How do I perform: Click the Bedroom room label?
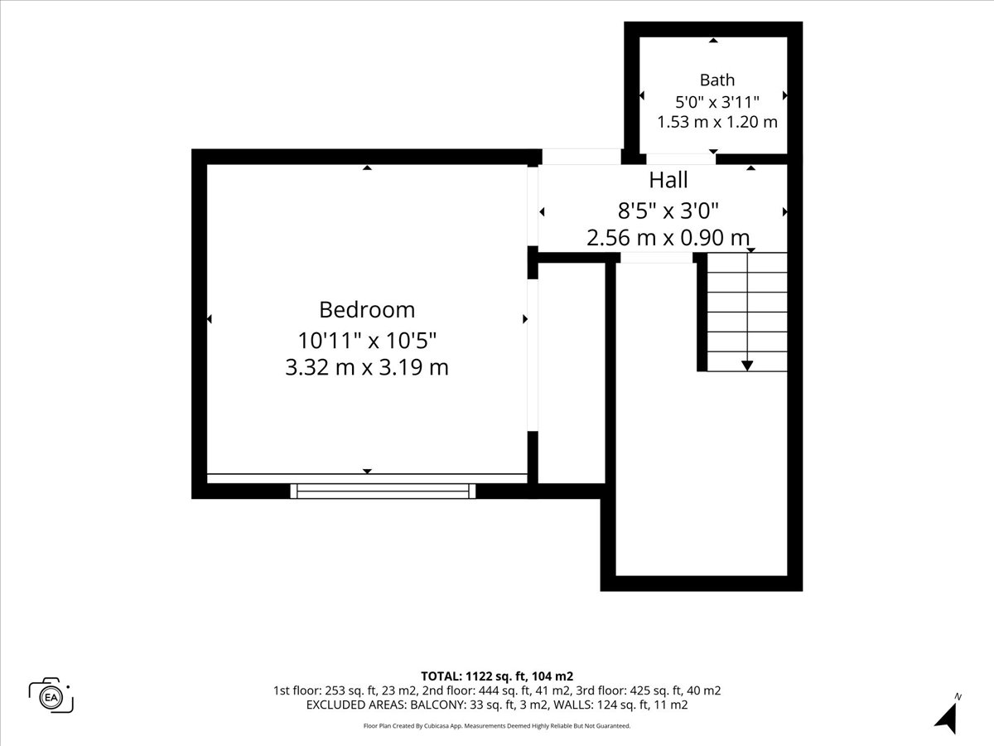pos(367,310)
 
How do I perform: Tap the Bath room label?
pos(717,80)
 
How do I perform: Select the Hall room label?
pos(668,180)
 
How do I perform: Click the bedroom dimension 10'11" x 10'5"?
pos(367,340)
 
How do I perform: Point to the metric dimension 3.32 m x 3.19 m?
pos(367,367)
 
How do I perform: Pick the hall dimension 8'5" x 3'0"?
pos(668,211)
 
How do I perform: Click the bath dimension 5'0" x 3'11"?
pos(717,102)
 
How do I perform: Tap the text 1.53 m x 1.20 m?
pos(717,122)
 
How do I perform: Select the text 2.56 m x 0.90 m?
pos(668,238)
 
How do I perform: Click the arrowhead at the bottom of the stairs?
pos(747,366)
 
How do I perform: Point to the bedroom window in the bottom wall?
pos(383,491)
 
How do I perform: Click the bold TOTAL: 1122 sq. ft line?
pos(497,676)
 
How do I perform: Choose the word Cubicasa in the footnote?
pos(436,726)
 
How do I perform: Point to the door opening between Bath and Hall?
pos(681,158)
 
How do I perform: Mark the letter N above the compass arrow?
pos(958,696)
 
